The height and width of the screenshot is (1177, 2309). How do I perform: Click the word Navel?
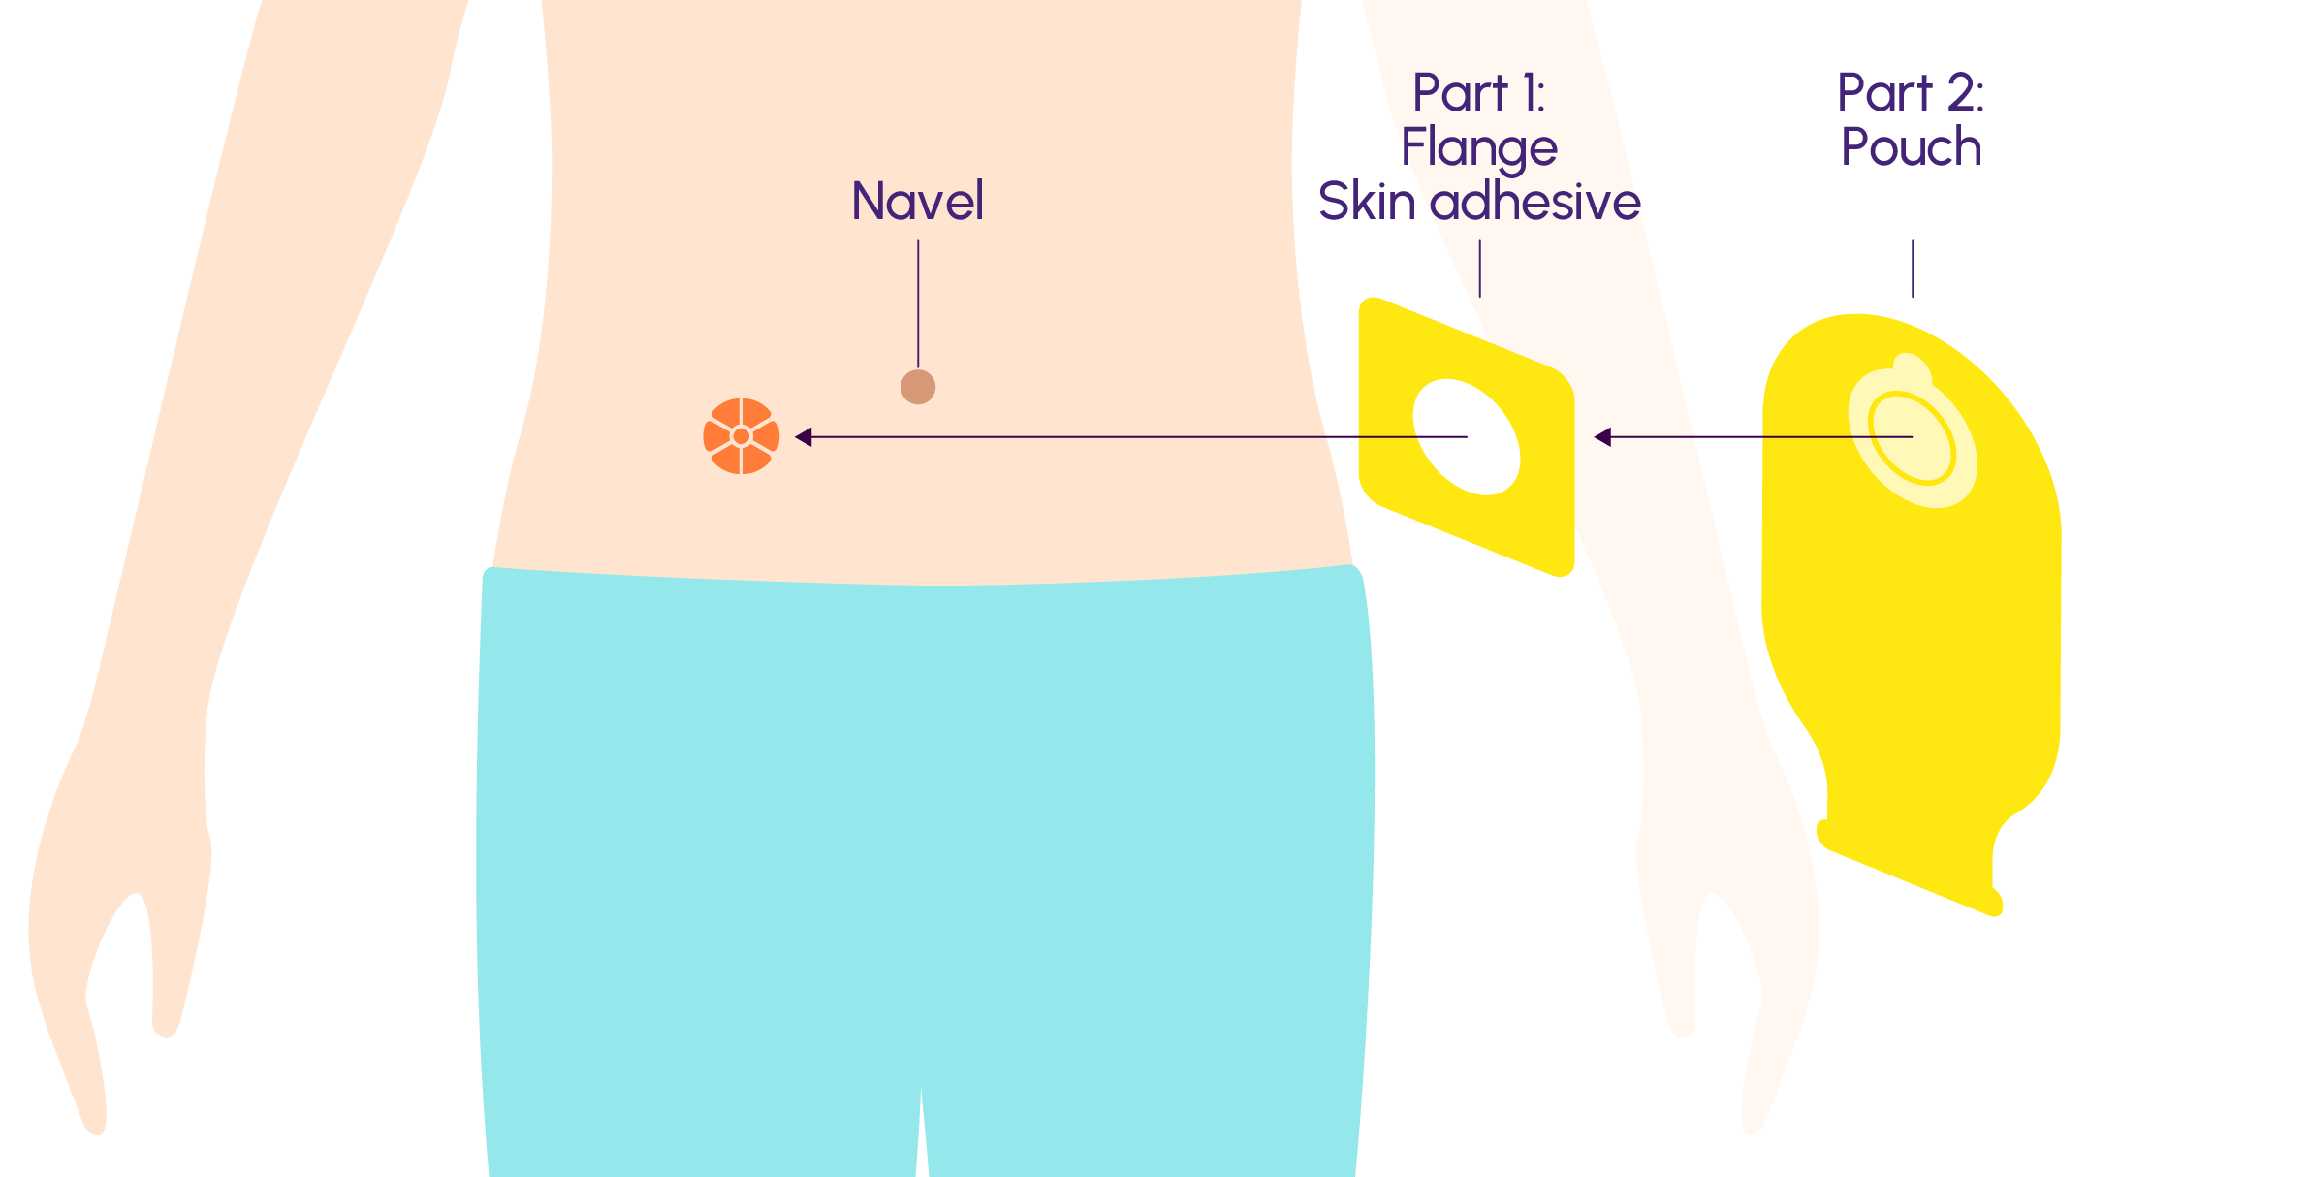917,201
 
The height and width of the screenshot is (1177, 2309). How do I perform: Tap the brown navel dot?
918,387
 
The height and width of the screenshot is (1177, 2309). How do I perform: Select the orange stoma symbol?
742,436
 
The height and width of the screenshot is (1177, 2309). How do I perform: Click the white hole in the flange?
1467,436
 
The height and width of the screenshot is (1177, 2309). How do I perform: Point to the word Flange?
1479,148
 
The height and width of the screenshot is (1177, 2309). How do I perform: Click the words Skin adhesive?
1479,202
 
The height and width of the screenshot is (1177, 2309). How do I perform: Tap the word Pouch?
1911,147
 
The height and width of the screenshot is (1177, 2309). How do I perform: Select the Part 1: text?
1478,93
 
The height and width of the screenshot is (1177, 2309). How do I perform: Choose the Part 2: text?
1911,93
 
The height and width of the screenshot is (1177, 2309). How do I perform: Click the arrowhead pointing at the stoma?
803,437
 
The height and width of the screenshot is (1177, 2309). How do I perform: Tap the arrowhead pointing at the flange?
1602,437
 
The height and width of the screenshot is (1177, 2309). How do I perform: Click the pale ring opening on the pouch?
1912,438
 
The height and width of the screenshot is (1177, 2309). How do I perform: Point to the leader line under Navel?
918,304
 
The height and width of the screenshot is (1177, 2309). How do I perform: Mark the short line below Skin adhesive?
1479,269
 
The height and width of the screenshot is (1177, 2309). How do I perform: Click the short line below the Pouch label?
1913,269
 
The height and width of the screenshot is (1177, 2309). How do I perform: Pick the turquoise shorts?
924,873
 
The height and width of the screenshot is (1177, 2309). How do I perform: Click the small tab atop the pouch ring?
1912,369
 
